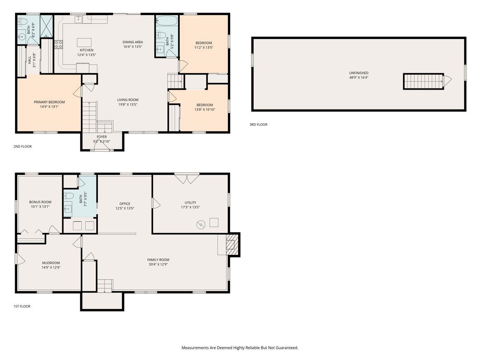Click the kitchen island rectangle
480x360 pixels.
tap(84, 42)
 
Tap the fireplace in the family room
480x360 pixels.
tap(230, 244)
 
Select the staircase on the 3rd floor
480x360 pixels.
tap(423, 81)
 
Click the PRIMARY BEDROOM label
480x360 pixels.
tap(49, 102)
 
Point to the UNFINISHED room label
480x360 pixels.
tap(358, 73)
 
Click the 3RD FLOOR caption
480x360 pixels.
tap(258, 124)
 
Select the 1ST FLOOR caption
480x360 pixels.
tap(22, 306)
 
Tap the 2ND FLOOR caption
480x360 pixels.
tap(22, 146)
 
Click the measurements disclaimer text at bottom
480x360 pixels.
tap(240, 348)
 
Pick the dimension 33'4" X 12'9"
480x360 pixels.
tap(158, 264)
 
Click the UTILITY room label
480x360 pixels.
tap(190, 202)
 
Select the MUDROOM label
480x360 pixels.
tap(51, 263)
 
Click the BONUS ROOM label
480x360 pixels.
tap(40, 202)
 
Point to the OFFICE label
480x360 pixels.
tap(124, 204)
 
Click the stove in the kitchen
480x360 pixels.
tap(58, 45)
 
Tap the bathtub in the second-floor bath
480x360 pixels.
tap(166, 20)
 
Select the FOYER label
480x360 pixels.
tap(102, 137)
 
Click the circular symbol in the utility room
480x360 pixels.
tap(201, 225)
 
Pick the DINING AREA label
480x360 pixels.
tap(132, 42)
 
